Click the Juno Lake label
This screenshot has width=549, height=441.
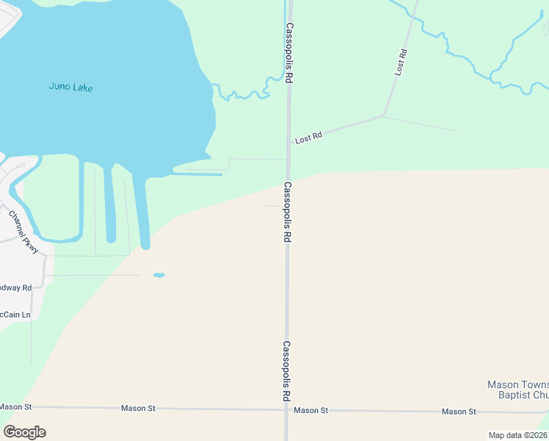[70, 87]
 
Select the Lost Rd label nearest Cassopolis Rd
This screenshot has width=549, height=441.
[308, 137]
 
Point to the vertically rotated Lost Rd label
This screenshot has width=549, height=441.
[400, 62]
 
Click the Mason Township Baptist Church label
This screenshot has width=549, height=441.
[518, 390]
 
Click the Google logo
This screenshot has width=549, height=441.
[24, 432]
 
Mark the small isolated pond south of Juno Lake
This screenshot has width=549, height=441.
[159, 276]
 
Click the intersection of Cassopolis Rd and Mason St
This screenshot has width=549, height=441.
[286, 410]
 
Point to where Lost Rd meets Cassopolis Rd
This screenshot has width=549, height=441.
[288, 144]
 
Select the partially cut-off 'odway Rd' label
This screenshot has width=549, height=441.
[15, 287]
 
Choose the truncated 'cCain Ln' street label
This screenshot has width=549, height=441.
[15, 315]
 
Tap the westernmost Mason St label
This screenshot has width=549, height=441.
[15, 406]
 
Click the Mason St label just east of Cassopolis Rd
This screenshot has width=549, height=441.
[310, 410]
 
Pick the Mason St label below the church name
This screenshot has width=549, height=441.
[459, 412]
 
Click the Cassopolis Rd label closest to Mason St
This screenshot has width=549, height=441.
[287, 371]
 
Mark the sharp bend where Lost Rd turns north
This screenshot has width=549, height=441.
[382, 115]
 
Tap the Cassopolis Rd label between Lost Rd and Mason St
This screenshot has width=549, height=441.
[288, 212]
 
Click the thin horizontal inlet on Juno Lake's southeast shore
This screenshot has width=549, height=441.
[197, 174]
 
